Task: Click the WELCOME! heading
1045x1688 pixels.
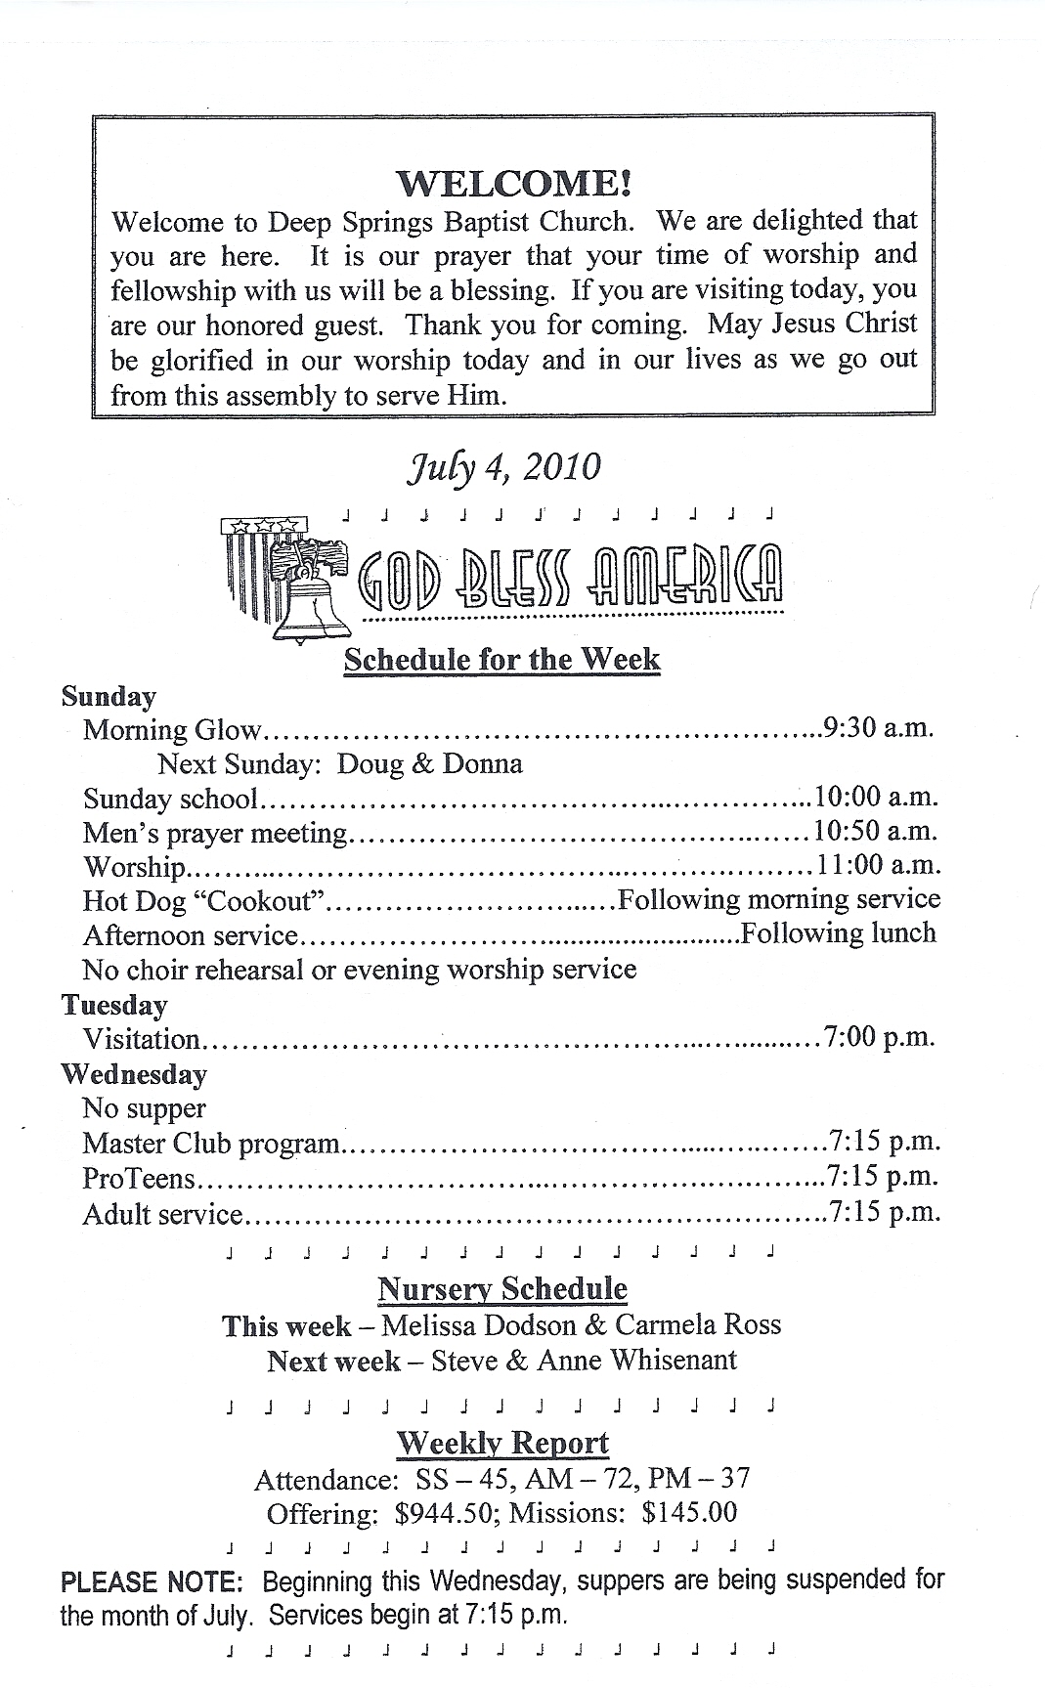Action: tap(513, 183)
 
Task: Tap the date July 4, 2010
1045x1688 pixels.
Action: tap(503, 466)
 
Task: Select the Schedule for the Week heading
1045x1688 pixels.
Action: tap(501, 659)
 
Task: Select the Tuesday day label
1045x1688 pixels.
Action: tap(114, 1005)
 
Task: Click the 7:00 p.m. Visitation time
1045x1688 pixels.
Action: tap(880, 1038)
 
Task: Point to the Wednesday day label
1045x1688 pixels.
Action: tap(134, 1074)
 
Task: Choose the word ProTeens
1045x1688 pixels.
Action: tap(140, 1179)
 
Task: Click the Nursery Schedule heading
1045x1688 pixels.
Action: tap(502, 1289)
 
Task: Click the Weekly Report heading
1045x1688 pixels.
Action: tap(502, 1443)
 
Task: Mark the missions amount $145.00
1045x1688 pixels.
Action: tap(689, 1513)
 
